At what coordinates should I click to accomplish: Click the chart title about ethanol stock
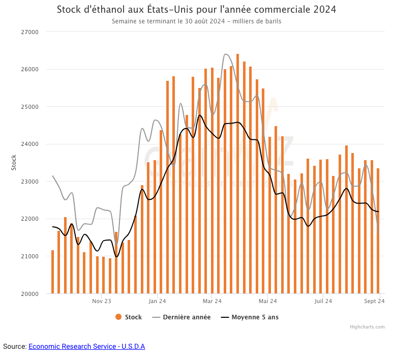coord(196,10)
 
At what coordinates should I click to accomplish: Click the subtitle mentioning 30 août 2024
coord(196,21)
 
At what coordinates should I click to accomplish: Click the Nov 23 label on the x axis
coord(102,301)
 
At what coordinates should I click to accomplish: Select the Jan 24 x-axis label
coord(158,301)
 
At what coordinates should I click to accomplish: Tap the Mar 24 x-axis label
coord(212,301)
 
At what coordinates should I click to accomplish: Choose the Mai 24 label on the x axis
coord(268,301)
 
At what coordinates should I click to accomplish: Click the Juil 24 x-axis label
coord(323,301)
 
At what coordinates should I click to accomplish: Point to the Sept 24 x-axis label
coord(374,301)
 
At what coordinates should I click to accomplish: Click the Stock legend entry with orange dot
coord(129,317)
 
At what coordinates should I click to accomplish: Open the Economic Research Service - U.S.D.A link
coord(87,346)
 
